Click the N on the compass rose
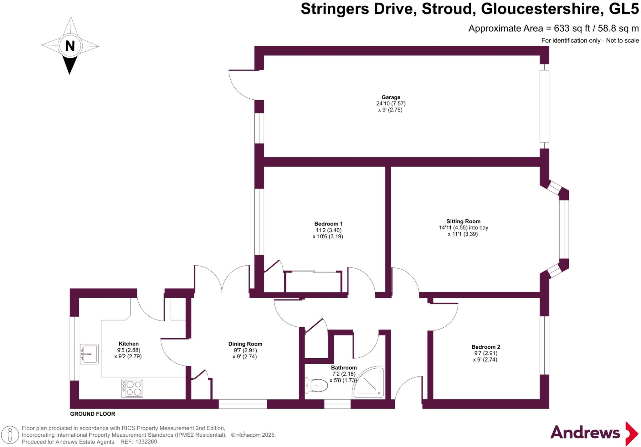point(70,46)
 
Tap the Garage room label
point(391,97)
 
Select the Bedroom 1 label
point(328,224)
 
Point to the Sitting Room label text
point(463,221)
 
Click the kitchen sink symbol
point(89,354)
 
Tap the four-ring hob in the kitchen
point(132,388)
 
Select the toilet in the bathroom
point(316,385)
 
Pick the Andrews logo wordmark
point(585,433)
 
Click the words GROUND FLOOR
point(92,414)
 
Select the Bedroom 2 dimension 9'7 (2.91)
point(485,353)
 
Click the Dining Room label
point(245,344)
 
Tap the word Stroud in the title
point(447,9)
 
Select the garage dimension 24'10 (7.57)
point(391,103)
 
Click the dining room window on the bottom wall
point(243,404)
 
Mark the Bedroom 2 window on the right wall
point(544,345)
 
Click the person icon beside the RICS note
point(10,435)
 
